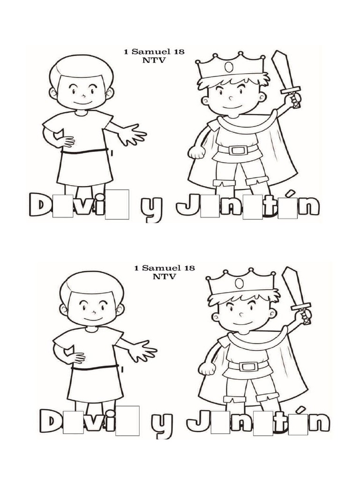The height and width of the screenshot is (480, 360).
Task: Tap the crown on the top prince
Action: pos(230,67)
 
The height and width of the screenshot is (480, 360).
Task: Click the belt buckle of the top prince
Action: pos(238,150)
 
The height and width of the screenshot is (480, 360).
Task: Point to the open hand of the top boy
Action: pos(132,135)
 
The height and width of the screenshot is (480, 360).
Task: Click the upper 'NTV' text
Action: pos(154,60)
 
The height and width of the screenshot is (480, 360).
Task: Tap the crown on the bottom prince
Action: pos(240,283)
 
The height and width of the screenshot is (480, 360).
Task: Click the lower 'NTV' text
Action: pos(164,277)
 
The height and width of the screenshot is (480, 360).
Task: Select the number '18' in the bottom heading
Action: pos(189,268)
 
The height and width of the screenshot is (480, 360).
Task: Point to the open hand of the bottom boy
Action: pos(142,351)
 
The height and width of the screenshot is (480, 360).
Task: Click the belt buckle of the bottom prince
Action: pos(248,366)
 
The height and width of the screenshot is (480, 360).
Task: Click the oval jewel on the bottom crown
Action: pos(240,284)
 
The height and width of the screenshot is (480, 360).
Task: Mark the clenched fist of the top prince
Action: pos(195,151)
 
